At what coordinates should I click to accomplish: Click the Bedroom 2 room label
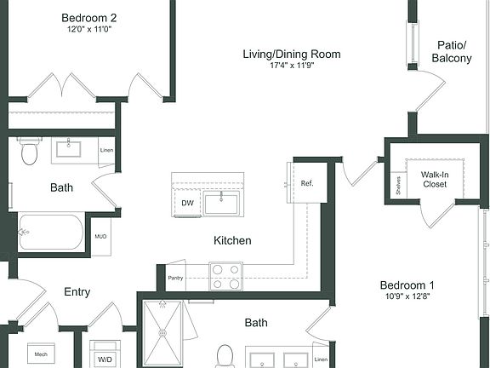(x=90, y=17)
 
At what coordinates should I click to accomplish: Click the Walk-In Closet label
(x=435, y=178)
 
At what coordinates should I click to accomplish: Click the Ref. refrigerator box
(x=308, y=183)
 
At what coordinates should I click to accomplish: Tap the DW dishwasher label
(x=187, y=203)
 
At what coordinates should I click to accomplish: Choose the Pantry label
(x=176, y=278)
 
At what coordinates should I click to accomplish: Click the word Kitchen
(x=232, y=241)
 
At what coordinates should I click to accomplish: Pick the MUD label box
(x=100, y=237)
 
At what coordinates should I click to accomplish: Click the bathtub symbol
(x=51, y=232)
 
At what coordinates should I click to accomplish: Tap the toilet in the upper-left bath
(x=31, y=152)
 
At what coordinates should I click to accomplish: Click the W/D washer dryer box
(x=105, y=359)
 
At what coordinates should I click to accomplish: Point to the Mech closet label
(x=40, y=354)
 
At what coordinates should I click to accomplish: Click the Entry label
(x=77, y=292)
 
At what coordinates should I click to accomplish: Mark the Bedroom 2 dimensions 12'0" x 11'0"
(x=90, y=30)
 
